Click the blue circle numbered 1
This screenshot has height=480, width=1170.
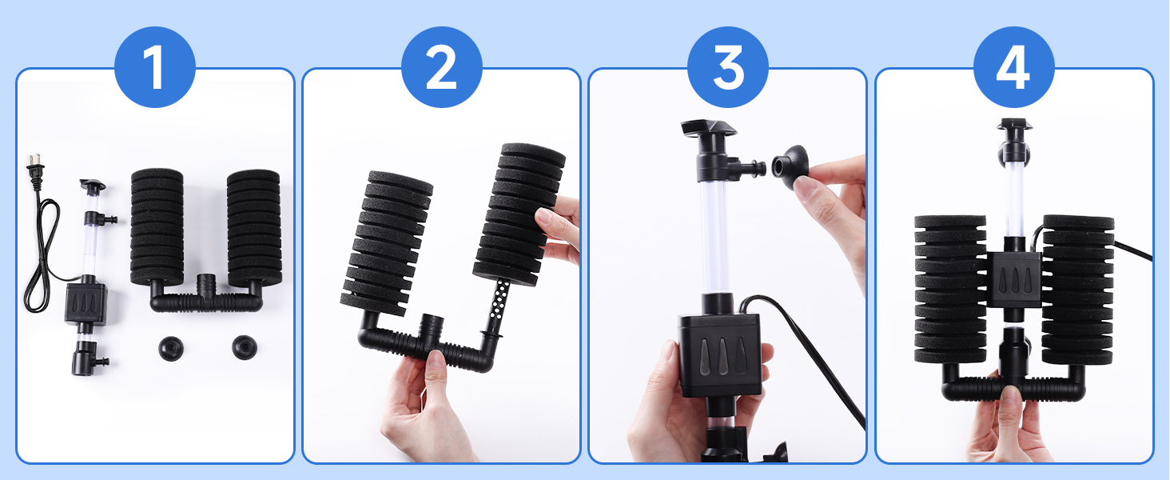(154, 67)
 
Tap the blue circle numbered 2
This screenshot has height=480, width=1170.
(441, 67)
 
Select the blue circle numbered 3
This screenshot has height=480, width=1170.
(727, 67)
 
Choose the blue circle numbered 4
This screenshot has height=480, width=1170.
(1014, 67)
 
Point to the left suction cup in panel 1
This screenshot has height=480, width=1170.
(171, 348)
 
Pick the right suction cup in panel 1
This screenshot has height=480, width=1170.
(245, 347)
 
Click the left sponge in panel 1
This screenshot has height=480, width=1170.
(157, 227)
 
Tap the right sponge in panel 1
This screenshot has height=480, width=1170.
(254, 228)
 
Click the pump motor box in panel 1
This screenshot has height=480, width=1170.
(86, 304)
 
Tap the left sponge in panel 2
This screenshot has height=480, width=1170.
(387, 243)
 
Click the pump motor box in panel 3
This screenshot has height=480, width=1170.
(720, 354)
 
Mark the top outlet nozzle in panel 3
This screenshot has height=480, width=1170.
(708, 127)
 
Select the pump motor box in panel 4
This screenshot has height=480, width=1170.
(1014, 279)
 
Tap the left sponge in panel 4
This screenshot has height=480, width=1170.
(950, 289)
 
